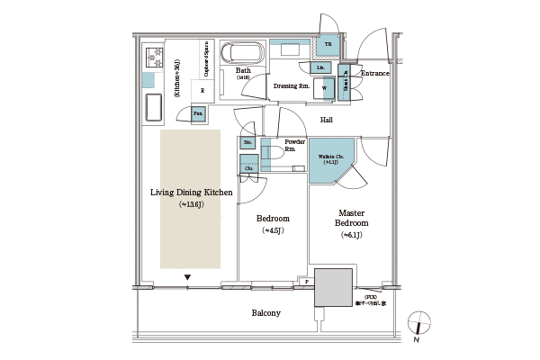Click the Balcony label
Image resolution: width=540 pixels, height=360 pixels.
pyautogui.click(x=265, y=313)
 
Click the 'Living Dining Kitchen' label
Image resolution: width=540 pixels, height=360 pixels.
pyautogui.click(x=191, y=193)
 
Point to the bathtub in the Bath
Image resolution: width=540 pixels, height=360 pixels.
pyautogui.click(x=241, y=51)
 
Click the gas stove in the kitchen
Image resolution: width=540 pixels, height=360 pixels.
pyautogui.click(x=148, y=59)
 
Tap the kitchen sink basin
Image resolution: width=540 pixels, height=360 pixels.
pyautogui.click(x=151, y=109)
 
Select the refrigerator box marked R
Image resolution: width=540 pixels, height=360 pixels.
pyautogui.click(x=202, y=90)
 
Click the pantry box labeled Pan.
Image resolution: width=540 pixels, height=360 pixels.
pyautogui.click(x=198, y=112)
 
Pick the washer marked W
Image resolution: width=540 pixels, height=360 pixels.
pyautogui.click(x=323, y=87)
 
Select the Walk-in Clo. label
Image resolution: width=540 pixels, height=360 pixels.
pyautogui.click(x=328, y=158)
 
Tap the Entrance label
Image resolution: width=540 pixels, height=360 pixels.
pyautogui.click(x=373, y=74)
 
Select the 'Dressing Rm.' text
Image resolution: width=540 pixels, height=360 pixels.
pyautogui.click(x=292, y=85)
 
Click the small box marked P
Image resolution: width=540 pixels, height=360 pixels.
pyautogui.click(x=306, y=282)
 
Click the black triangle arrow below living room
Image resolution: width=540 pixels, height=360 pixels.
pyautogui.click(x=187, y=277)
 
